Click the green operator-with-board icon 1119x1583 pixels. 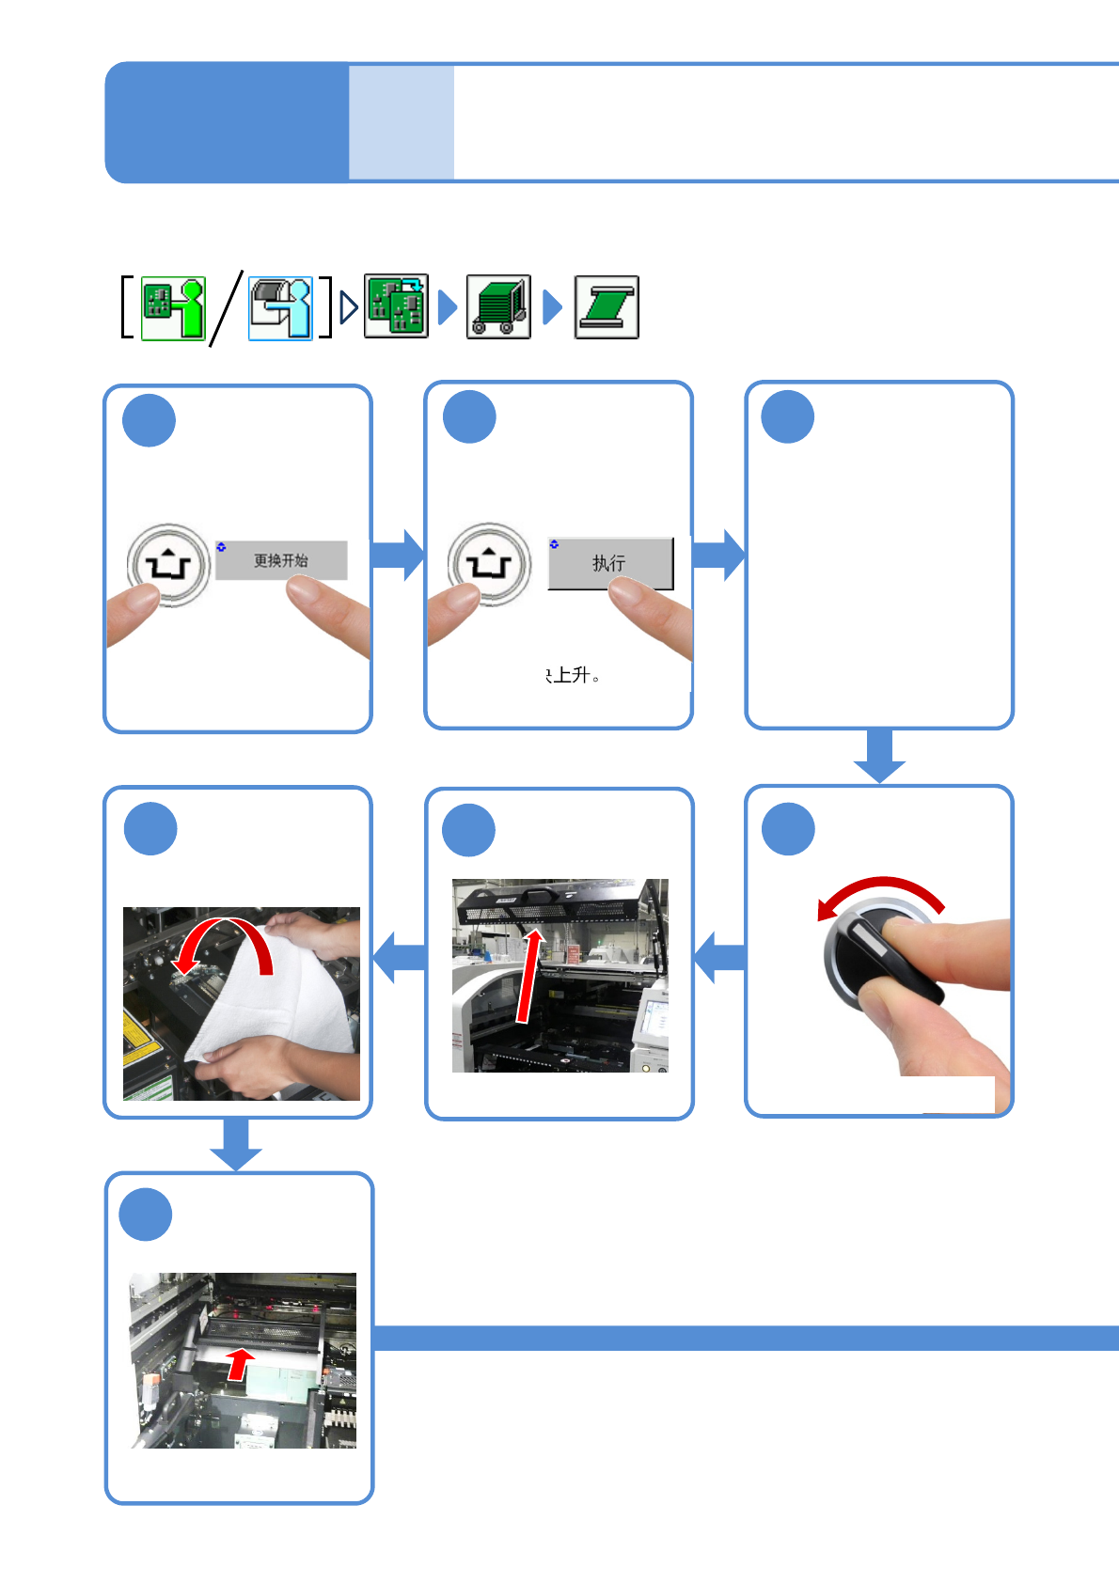click(x=174, y=307)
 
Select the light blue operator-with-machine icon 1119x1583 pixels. click(x=280, y=307)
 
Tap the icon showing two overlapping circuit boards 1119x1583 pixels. click(x=396, y=306)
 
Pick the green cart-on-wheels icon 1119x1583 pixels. click(x=498, y=306)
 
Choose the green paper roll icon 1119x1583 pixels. click(x=607, y=307)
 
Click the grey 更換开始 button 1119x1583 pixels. click(x=281, y=560)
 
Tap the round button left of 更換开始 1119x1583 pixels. click(x=169, y=565)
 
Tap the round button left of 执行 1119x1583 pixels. click(x=489, y=564)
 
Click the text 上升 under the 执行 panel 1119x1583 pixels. click(x=573, y=675)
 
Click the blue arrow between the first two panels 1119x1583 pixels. click(x=398, y=555)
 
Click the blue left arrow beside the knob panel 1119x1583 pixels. click(x=719, y=957)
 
